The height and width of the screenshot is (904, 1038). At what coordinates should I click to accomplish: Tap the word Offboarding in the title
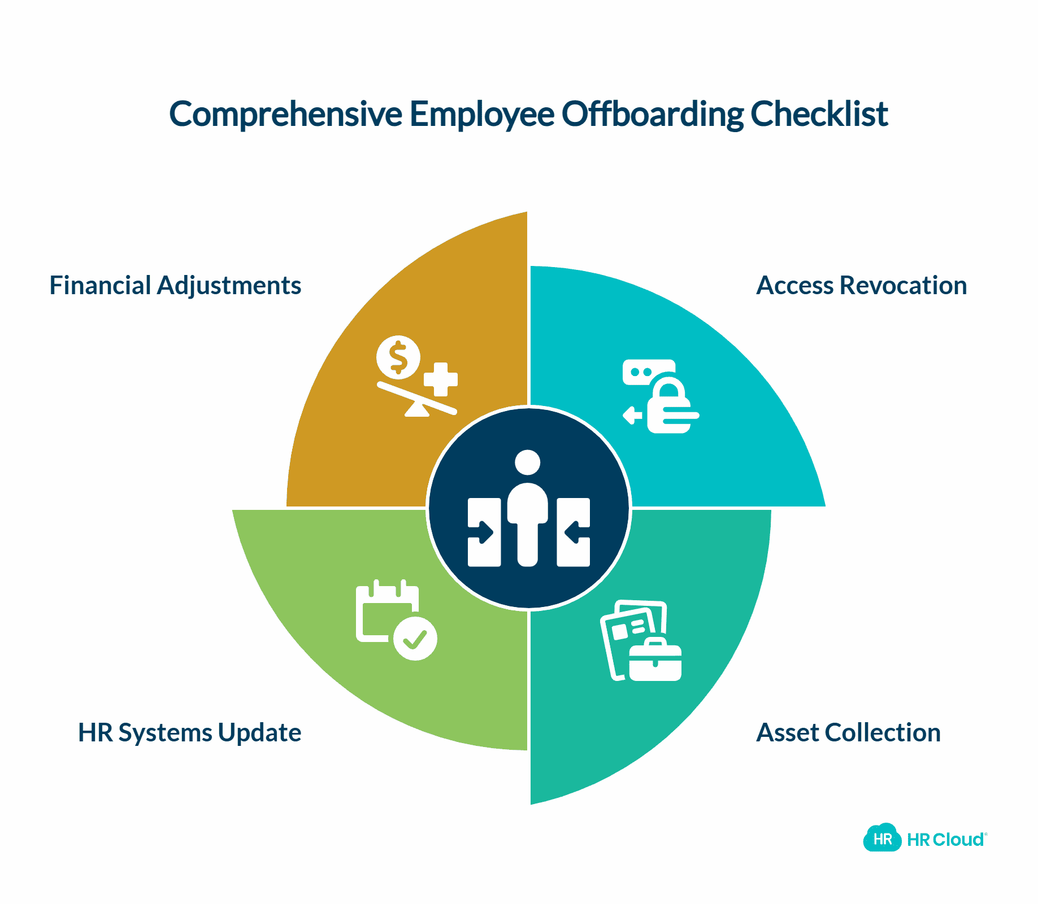(652, 115)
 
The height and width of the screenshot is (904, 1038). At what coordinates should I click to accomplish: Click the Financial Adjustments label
(175, 285)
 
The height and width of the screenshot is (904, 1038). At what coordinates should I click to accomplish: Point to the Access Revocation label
(861, 285)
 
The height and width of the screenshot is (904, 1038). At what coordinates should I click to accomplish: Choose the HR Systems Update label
(189, 732)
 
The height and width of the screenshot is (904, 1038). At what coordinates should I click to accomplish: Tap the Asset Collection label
(848, 732)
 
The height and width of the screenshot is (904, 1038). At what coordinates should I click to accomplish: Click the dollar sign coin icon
(399, 357)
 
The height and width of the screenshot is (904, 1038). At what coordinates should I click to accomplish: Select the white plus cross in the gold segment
(441, 379)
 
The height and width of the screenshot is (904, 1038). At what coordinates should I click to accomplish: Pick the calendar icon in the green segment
(384, 613)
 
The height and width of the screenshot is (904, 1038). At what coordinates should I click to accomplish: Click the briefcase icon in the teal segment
(655, 661)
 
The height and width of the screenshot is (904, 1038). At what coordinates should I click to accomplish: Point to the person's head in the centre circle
(528, 462)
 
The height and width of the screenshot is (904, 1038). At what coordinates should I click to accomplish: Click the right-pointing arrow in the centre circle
(485, 532)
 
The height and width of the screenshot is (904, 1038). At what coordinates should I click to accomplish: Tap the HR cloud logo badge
(882, 839)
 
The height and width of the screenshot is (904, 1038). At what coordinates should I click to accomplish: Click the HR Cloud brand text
(946, 840)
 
